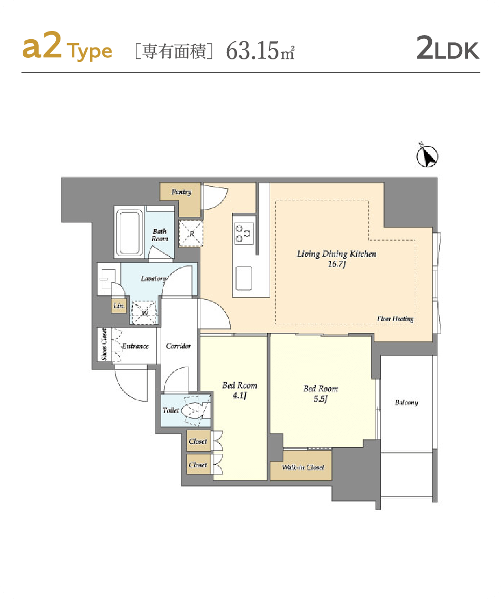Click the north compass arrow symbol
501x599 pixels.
[x=427, y=156]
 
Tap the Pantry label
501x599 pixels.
[x=181, y=192]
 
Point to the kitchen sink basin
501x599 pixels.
[x=244, y=278]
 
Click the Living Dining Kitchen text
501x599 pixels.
[x=337, y=254]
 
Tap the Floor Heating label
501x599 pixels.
[x=396, y=319]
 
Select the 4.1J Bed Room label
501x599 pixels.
[x=240, y=390]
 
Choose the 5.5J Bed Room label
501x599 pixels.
[x=321, y=393]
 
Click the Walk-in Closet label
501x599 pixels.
[x=303, y=467]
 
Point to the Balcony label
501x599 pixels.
[x=406, y=402]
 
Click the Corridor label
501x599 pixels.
[x=179, y=346]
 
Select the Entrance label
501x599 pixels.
[x=135, y=346]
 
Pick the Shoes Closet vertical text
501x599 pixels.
[x=104, y=344]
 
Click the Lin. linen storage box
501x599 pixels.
[x=119, y=306]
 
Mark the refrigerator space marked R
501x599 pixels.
[x=191, y=233]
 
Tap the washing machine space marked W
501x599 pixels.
[x=144, y=313]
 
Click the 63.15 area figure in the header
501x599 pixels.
[x=252, y=51]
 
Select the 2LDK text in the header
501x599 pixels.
[x=447, y=48]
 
